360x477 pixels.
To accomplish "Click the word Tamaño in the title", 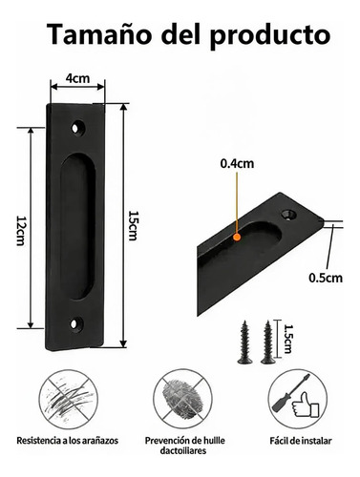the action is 99,34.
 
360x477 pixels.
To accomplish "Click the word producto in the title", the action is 269,35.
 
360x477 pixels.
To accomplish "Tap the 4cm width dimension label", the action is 77,78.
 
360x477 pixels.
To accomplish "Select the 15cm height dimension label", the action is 133,225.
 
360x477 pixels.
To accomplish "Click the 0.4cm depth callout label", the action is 237,163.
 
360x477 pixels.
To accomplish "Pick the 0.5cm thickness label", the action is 326,278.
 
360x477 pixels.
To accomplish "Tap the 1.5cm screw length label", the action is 287,339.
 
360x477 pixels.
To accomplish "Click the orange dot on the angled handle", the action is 237,237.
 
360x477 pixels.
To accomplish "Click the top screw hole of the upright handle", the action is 77,128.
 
